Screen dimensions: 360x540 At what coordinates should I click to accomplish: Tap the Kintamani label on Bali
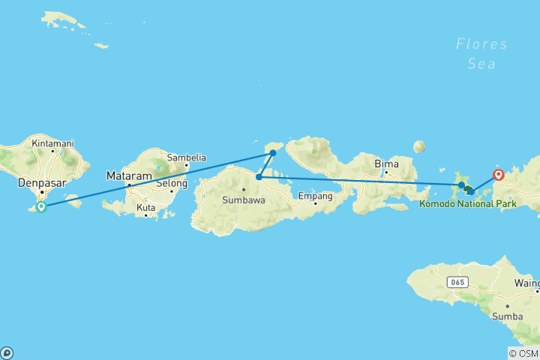(52, 142)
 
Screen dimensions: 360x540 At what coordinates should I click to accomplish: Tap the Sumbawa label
(243, 200)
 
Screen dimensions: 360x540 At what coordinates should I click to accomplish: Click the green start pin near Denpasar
(41, 205)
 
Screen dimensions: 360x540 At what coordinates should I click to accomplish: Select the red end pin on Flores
(498, 175)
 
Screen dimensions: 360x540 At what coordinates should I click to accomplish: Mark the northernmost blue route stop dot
(273, 153)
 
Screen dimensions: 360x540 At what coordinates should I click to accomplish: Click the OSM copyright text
(523, 353)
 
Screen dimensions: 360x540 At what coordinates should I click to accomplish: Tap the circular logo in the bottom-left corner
(7, 352)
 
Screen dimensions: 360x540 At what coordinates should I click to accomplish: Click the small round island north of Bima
(418, 147)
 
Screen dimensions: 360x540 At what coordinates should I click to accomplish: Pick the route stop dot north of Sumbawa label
(258, 178)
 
